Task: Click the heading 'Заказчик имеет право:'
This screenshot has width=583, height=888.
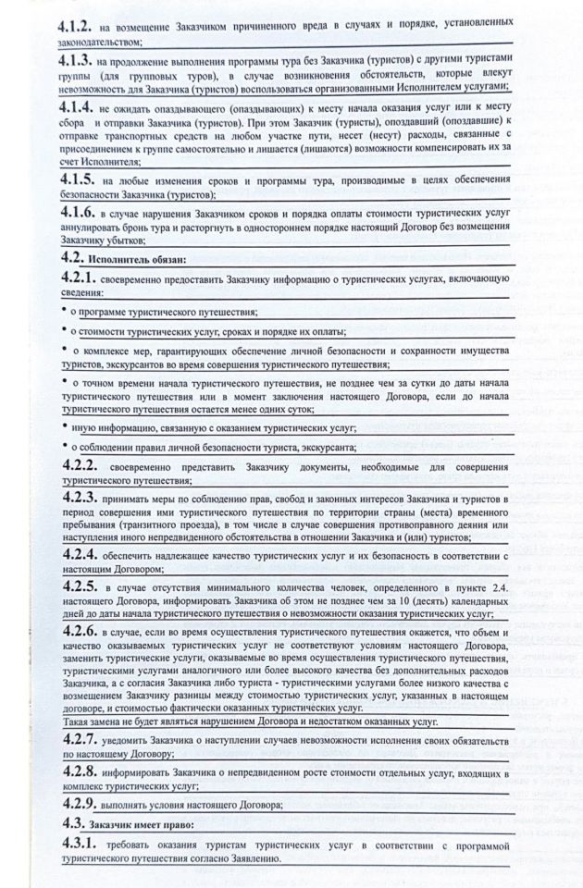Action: pos(140,823)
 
